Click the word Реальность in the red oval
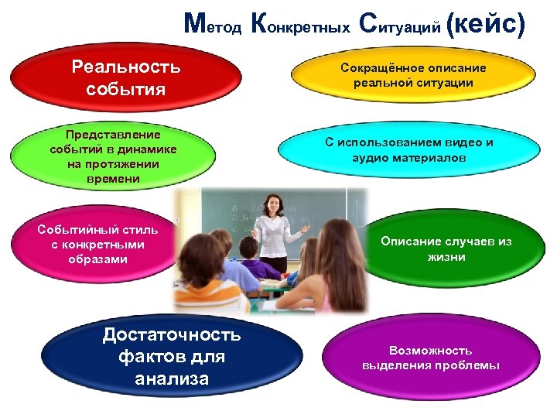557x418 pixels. pyautogui.click(x=126, y=67)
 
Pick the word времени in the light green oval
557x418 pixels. pyautogui.click(x=114, y=179)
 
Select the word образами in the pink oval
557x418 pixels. pyautogui.click(x=98, y=259)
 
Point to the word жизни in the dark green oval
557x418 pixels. pyautogui.click(x=446, y=256)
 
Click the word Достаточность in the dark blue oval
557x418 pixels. pyautogui.click(x=171, y=335)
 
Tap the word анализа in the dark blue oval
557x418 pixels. pyautogui.click(x=171, y=379)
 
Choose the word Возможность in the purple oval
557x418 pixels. pyautogui.click(x=431, y=350)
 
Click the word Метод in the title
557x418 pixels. pyautogui.click(x=213, y=26)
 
